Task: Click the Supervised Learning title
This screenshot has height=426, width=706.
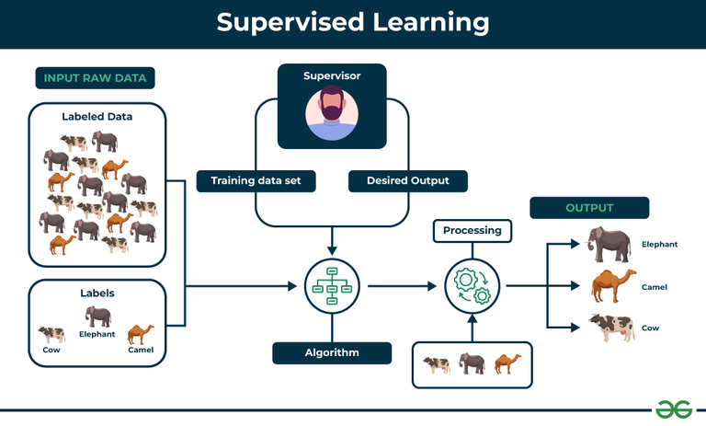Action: tap(353, 22)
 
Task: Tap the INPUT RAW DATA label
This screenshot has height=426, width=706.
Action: tap(95, 77)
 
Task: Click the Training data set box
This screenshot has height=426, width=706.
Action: tap(256, 181)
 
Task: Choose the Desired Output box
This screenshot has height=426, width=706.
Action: tap(407, 181)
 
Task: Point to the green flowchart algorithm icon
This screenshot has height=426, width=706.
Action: tap(332, 286)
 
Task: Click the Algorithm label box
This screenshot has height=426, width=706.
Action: tap(332, 352)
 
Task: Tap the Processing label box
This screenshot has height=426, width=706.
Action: tap(473, 230)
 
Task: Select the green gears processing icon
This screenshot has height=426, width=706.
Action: tap(473, 286)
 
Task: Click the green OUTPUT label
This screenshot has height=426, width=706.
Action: tap(589, 208)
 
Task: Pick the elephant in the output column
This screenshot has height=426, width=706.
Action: tap(609, 245)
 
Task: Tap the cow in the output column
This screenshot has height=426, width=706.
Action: tap(610, 328)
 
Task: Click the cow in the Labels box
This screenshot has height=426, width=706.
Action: tap(51, 334)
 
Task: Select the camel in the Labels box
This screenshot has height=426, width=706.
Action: tap(141, 333)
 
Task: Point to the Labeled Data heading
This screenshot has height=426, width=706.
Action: tap(97, 117)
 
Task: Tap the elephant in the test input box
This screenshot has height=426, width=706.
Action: tap(473, 363)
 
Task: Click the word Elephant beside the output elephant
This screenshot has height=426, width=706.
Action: tap(659, 245)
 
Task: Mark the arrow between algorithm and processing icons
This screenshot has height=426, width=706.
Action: tap(401, 286)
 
